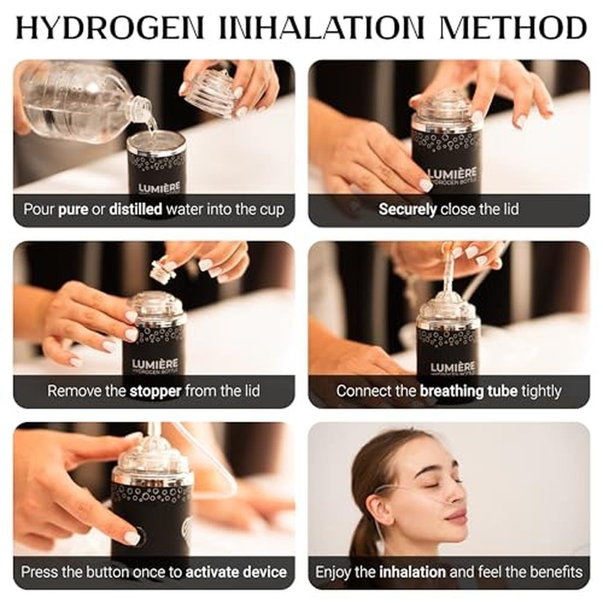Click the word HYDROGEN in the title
(110, 28)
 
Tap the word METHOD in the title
(513, 28)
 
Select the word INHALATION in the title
(321, 28)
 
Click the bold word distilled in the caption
(135, 209)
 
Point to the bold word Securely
(407, 210)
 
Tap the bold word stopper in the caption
(156, 391)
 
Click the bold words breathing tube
(469, 391)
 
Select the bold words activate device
(236, 572)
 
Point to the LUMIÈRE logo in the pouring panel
(159, 188)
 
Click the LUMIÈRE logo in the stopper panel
(155, 364)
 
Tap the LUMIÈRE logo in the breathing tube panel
(453, 367)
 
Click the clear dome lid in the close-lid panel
(446, 108)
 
